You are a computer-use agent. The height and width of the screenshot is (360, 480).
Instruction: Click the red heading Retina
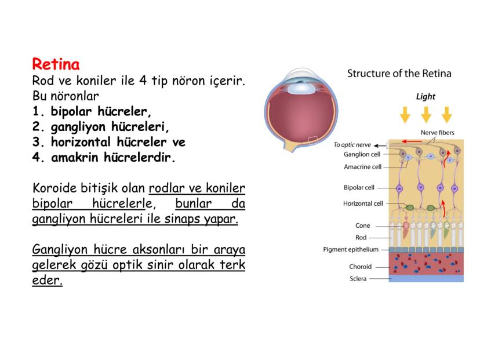(x=56, y=64)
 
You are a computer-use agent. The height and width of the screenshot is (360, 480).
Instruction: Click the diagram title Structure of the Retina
(x=399, y=74)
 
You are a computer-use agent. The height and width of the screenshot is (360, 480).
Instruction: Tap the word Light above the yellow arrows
(x=426, y=97)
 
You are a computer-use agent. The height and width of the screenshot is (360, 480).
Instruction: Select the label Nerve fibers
(x=438, y=133)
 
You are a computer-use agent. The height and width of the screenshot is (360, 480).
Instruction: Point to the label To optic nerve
(x=352, y=145)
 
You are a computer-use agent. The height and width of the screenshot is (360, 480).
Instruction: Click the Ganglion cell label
(x=362, y=154)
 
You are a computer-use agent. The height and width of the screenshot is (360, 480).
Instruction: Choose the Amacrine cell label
(x=362, y=167)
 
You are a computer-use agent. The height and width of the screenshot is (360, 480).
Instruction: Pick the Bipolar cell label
(x=359, y=188)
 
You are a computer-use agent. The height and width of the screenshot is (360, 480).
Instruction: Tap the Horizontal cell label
(x=363, y=203)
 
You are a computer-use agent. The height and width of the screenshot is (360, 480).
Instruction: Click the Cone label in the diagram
(x=363, y=226)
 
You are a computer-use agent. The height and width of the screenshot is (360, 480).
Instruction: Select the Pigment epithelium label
(x=351, y=249)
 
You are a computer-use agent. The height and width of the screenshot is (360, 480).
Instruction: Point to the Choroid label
(x=361, y=267)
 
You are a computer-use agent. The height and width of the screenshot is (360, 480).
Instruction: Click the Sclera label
(x=358, y=279)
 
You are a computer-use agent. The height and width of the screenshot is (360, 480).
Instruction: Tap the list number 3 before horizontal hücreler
(x=36, y=142)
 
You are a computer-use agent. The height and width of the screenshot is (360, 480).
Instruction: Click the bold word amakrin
(x=75, y=157)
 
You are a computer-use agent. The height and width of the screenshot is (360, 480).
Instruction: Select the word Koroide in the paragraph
(x=54, y=188)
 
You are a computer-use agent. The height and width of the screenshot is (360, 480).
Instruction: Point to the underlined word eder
(x=47, y=281)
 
